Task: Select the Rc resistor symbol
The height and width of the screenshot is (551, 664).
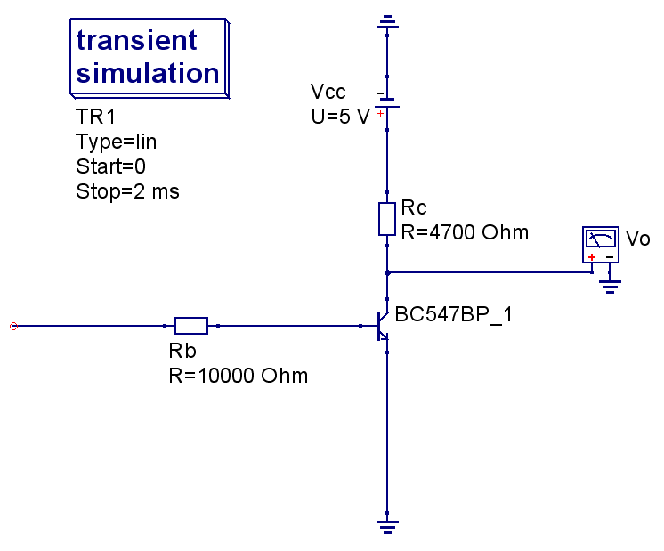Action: pos(387,219)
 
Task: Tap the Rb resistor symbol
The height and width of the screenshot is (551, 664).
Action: pos(191,326)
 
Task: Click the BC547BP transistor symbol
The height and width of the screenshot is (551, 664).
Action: pos(382,326)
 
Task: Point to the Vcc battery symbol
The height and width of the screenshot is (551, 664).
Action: pos(387,104)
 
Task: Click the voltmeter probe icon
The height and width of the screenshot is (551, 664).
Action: pos(601,244)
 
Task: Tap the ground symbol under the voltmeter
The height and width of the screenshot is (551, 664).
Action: pos(610,286)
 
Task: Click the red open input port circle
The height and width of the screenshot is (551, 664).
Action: pos(13,326)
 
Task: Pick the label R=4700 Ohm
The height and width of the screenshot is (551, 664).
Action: pos(465,233)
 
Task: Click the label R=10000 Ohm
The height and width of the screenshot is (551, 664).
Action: pos(239,376)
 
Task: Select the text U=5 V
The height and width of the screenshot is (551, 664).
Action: pos(340,117)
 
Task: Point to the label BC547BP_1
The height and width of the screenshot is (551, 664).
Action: pos(453,314)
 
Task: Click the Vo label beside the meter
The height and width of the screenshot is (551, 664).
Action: pos(638,239)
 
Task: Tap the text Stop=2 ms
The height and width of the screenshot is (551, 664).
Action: pos(127,191)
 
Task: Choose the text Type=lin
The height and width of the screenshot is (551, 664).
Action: pos(117,142)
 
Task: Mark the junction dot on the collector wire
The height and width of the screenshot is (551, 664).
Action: pos(387,272)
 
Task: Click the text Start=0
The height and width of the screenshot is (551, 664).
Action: pos(111,166)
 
